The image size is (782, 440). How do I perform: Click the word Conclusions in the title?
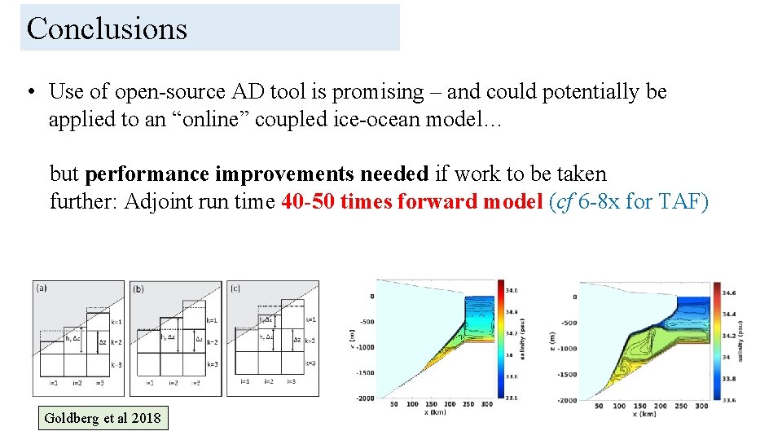point(107,29)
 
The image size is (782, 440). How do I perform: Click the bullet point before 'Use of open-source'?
point(29,92)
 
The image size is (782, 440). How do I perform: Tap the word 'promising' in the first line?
point(381,92)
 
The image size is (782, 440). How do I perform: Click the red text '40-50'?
point(308,201)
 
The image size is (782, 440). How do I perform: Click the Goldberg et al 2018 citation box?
point(103,419)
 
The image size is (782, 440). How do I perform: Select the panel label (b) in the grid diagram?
point(139,288)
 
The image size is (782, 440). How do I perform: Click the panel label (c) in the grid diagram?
point(236,288)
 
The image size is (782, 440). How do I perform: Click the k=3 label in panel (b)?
point(212,364)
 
